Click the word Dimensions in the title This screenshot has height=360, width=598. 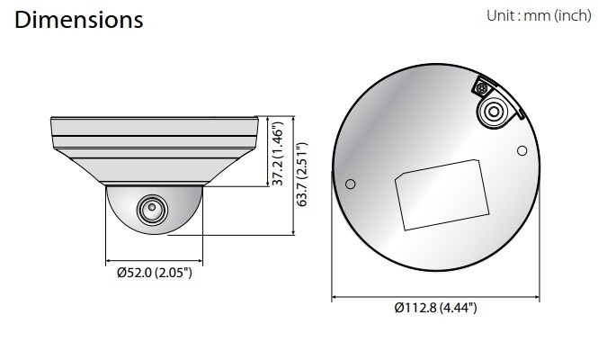point(78,21)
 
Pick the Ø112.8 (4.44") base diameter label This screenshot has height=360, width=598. point(435,309)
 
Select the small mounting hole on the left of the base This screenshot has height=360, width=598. point(351,184)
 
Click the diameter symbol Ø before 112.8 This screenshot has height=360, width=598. point(398,309)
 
